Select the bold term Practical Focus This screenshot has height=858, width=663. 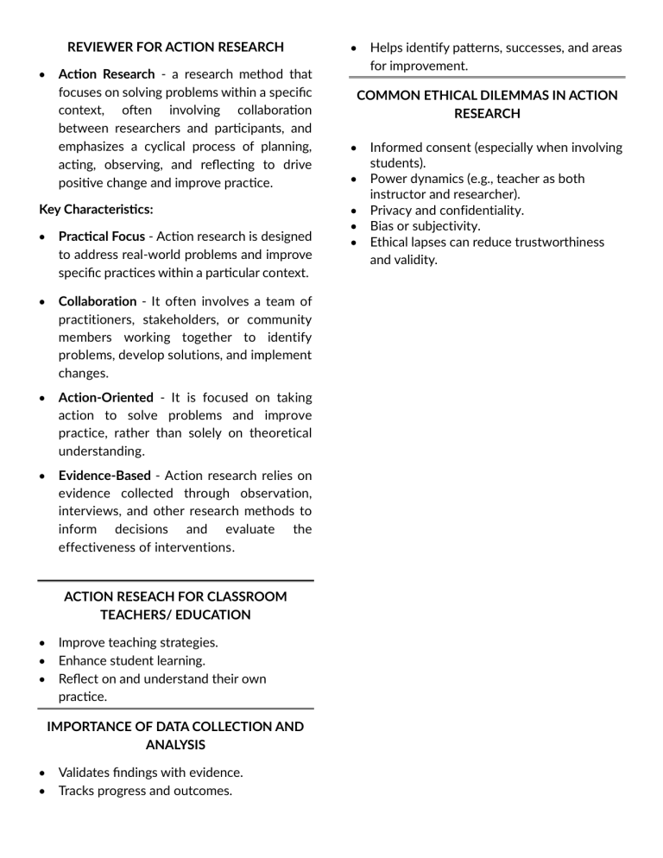(x=102, y=237)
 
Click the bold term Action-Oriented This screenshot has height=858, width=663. (x=105, y=397)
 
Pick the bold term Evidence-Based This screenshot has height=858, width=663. (x=104, y=476)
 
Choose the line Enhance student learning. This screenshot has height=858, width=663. (x=131, y=660)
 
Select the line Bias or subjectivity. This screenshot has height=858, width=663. (x=425, y=226)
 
